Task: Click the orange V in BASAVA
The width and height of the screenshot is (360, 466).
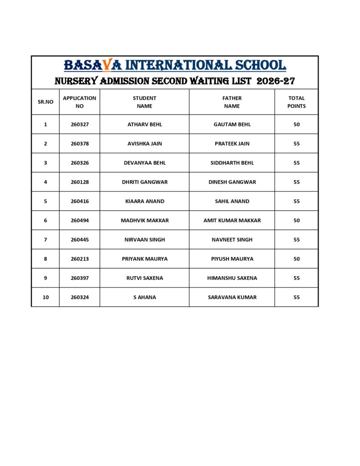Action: tap(106, 66)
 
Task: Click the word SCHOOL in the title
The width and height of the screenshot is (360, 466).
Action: tap(260, 65)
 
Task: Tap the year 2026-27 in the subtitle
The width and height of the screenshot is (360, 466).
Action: tap(276, 81)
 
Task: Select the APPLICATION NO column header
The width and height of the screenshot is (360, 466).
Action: tap(80, 102)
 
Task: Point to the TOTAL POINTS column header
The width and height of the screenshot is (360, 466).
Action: tap(296, 102)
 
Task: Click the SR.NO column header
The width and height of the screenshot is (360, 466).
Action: tap(46, 102)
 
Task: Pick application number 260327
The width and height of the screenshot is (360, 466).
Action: tap(80, 124)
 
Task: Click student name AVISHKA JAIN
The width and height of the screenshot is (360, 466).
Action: tap(145, 144)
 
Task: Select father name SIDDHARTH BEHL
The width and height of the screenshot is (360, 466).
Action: tap(232, 163)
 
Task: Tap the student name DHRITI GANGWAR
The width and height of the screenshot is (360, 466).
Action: tap(145, 182)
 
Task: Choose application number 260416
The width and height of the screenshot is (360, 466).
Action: tap(80, 201)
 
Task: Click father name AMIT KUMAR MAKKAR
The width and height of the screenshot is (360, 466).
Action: tap(232, 220)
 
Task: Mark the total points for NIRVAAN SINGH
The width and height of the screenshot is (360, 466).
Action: tap(297, 240)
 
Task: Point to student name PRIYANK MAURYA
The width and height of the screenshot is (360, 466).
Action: tap(145, 259)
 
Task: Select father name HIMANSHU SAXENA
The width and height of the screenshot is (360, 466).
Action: tap(232, 278)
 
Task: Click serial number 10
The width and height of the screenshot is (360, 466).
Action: tap(46, 297)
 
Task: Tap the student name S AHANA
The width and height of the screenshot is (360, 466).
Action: tap(145, 297)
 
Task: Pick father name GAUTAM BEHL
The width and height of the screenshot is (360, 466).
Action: tap(232, 124)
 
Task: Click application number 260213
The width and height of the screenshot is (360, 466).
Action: tap(80, 259)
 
